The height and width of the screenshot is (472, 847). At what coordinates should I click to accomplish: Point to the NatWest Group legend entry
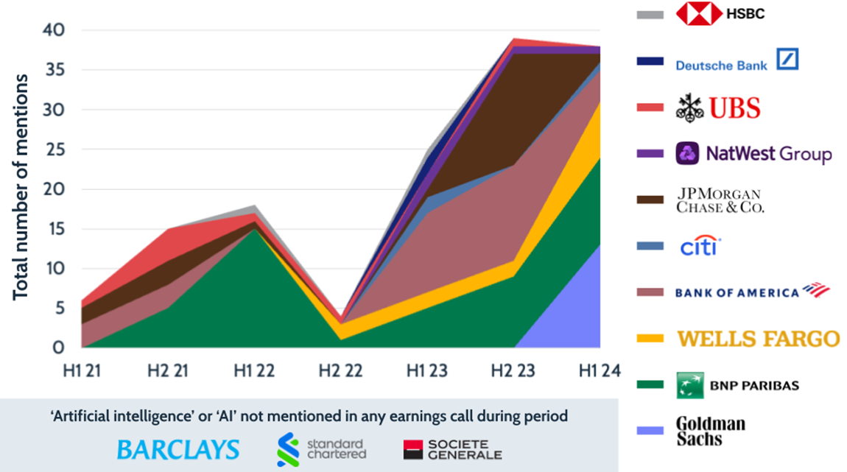753,154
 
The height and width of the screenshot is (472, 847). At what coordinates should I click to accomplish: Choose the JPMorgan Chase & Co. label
720,200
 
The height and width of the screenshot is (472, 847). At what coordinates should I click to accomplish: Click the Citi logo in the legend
698,247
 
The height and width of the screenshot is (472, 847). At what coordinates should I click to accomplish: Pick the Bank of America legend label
752,292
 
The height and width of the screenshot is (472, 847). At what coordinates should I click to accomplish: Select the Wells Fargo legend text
758,339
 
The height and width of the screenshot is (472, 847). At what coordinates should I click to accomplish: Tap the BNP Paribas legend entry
737,385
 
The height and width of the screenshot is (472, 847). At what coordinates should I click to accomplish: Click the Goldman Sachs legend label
711,432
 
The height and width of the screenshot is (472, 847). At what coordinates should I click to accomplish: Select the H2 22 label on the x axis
341,371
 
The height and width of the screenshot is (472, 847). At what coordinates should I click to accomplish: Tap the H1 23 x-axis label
428,371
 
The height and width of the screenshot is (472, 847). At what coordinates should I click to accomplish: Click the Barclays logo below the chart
178,449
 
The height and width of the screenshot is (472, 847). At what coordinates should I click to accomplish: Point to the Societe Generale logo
452,449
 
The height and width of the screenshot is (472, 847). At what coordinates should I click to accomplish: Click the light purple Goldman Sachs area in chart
574,317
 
